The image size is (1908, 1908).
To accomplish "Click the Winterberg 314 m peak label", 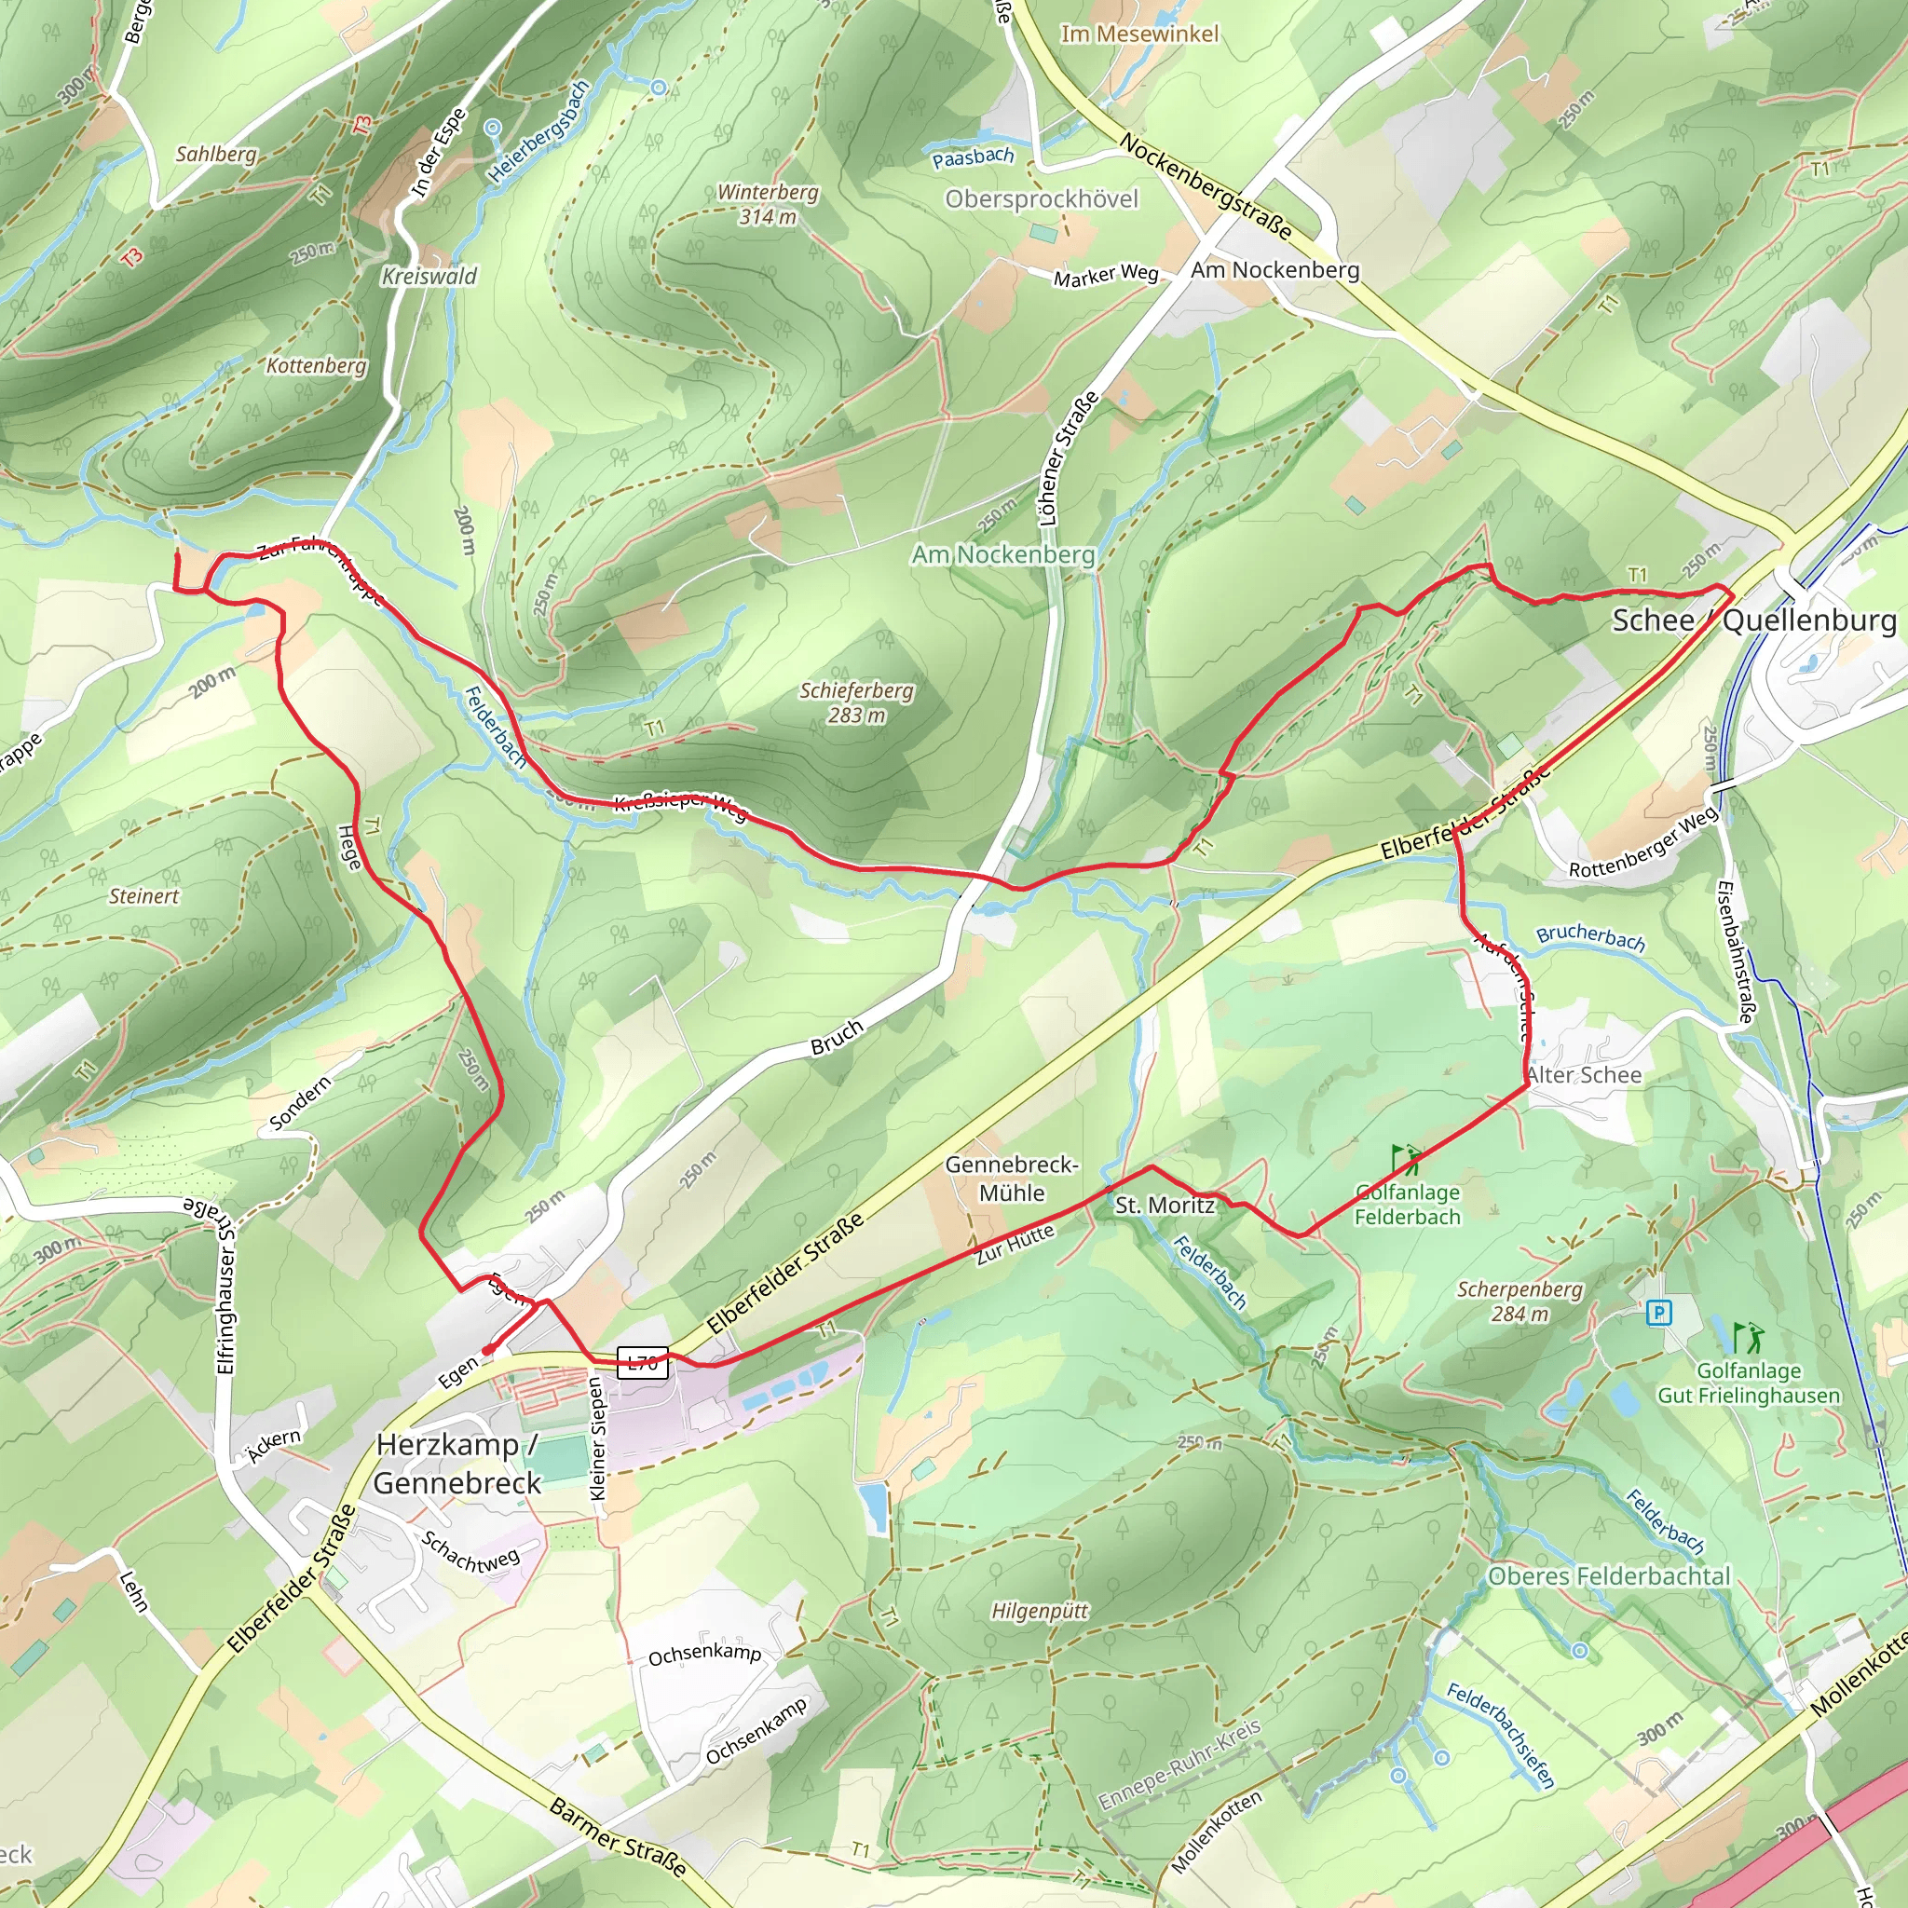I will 768,204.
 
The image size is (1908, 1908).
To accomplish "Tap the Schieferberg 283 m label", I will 856,702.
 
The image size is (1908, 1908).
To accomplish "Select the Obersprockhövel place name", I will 1041,199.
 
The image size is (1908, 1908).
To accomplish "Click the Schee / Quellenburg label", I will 1754,620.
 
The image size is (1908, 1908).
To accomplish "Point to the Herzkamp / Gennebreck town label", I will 457,1464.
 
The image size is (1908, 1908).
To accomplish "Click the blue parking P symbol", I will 1659,1313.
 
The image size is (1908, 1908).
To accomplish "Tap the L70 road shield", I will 642,1363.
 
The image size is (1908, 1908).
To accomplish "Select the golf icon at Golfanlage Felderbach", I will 1405,1157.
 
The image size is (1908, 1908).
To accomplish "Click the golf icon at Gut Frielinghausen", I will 1747,1338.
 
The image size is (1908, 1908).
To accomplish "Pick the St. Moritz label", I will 1165,1205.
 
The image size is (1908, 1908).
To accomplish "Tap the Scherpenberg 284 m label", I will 1520,1301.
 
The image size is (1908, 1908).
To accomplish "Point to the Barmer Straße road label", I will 618,1837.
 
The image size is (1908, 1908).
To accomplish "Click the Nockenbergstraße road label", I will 1205,185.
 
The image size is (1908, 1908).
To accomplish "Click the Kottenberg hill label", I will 316,365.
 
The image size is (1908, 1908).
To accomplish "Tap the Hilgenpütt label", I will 1039,1611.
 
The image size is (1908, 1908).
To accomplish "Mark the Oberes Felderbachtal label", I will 1609,1576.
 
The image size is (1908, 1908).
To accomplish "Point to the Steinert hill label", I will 144,895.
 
